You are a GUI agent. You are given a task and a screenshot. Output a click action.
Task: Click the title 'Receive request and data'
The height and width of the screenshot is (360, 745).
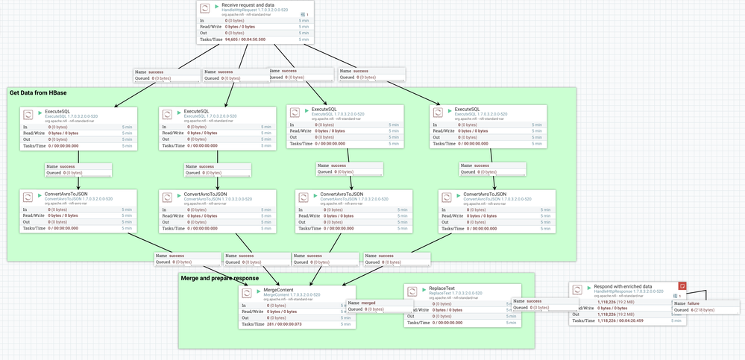249,5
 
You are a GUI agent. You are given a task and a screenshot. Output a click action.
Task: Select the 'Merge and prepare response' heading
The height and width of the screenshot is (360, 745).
220,278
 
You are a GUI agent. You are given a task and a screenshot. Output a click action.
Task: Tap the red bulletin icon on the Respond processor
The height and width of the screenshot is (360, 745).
682,286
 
